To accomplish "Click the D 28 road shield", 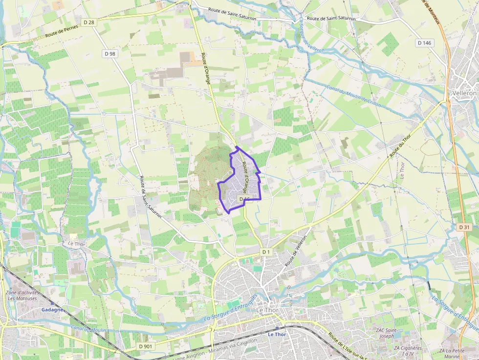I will [x=88, y=23].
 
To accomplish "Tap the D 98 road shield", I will [x=109, y=53].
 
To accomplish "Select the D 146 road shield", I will [x=425, y=43].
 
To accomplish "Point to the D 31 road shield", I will [x=464, y=227].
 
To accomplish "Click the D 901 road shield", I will [x=146, y=346].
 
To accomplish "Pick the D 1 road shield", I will [x=265, y=252].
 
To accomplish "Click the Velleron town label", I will [x=464, y=93].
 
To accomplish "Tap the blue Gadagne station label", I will [x=52, y=310].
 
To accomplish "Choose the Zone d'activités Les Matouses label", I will [x=22, y=296].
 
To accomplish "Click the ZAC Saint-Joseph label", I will [x=386, y=333].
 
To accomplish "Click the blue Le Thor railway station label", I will [x=277, y=334].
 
